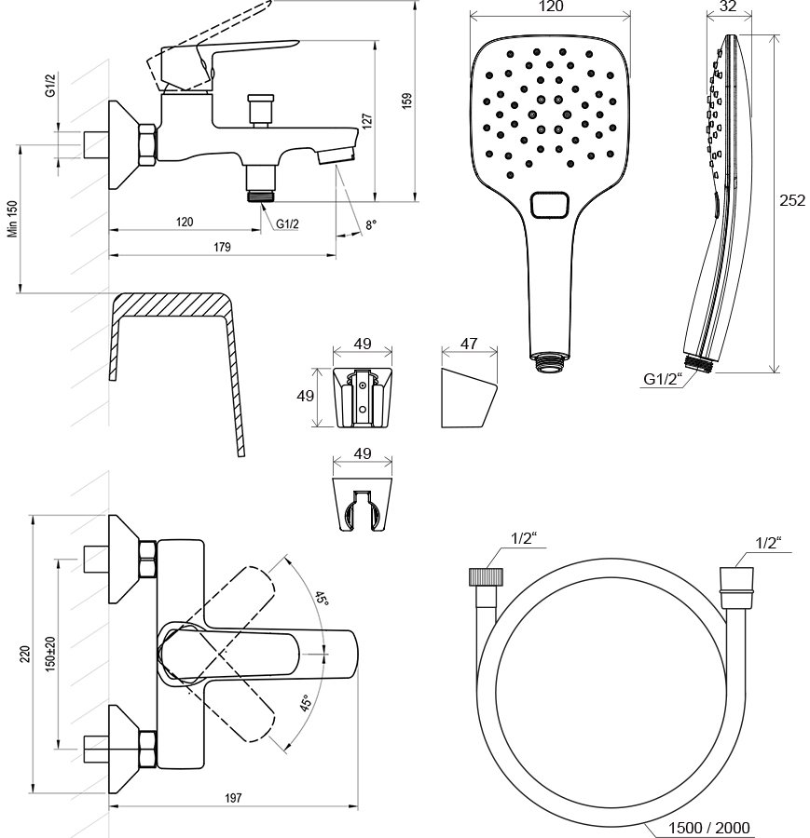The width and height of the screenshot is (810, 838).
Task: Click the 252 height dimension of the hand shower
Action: pyautogui.click(x=792, y=201)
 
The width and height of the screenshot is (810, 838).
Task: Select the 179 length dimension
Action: pyautogui.click(x=220, y=247)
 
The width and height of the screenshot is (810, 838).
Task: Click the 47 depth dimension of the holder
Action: pyautogui.click(x=469, y=344)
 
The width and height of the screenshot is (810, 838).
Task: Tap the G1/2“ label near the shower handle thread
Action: pyautogui.click(x=663, y=378)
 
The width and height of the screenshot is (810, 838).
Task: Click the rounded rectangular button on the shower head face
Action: pyautogui.click(x=549, y=205)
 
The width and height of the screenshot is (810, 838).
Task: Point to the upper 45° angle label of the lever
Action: pyautogui.click(x=322, y=598)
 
